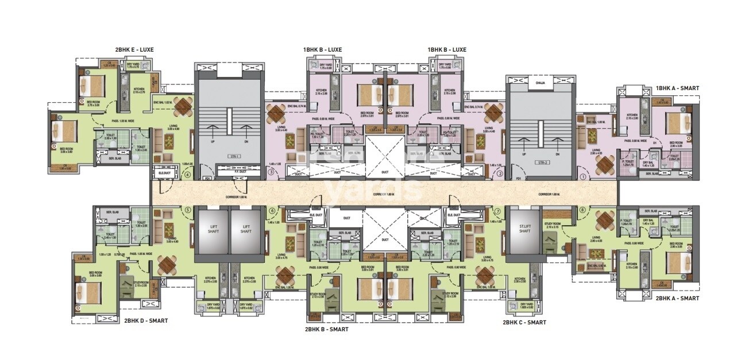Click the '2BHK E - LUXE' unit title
pyautogui.click(x=134, y=50)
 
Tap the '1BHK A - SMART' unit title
pyautogui.click(x=677, y=88)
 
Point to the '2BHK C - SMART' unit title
pyautogui.click(x=524, y=323)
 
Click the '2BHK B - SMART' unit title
pyautogui.click(x=326, y=330)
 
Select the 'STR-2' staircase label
pyautogui.click(x=540, y=154)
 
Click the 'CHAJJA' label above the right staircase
pyautogui.click(x=540, y=84)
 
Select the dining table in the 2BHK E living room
pyautogui.click(x=183, y=106)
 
